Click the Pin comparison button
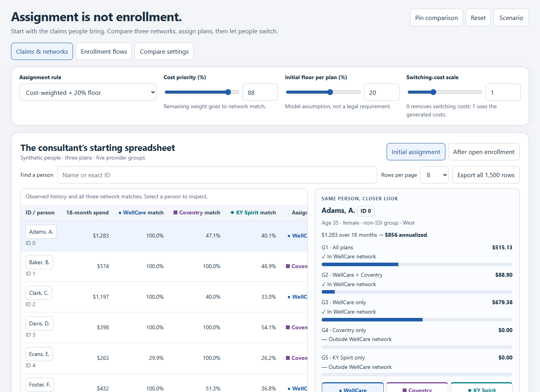click(x=436, y=18)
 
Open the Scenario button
click(x=511, y=18)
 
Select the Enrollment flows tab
click(x=104, y=51)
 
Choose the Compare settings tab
click(x=164, y=51)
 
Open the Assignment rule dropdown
click(x=88, y=92)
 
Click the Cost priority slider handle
click(x=228, y=92)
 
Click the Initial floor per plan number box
click(x=381, y=92)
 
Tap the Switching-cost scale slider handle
click(x=433, y=92)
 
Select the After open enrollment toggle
click(x=483, y=152)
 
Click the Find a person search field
click(x=217, y=175)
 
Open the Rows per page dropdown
click(x=434, y=175)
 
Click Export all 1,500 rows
click(x=486, y=175)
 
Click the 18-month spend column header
click(x=87, y=212)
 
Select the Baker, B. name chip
click(x=39, y=262)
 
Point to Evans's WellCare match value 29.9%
click(x=156, y=358)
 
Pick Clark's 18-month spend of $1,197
click(x=101, y=297)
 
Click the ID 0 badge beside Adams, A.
click(x=365, y=211)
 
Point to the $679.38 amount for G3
click(x=502, y=302)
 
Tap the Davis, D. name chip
click(x=39, y=323)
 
